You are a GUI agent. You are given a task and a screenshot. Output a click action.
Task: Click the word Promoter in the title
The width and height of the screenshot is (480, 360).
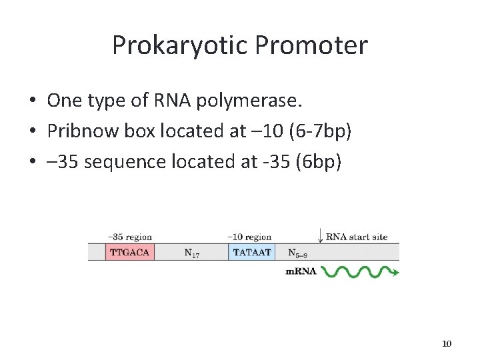[x=311, y=45]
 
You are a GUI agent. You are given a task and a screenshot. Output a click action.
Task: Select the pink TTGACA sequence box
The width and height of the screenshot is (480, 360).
[x=129, y=253]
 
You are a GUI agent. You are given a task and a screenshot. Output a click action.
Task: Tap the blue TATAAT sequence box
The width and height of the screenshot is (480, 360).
[x=252, y=253]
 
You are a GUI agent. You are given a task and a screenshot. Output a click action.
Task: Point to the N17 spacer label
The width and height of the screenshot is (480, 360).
[x=191, y=253]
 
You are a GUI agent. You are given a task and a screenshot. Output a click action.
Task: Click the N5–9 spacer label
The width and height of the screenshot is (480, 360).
[x=297, y=253]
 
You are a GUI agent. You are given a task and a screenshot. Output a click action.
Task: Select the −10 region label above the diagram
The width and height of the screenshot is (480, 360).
[x=249, y=237]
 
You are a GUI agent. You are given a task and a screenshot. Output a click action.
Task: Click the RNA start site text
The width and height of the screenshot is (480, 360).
[x=357, y=237]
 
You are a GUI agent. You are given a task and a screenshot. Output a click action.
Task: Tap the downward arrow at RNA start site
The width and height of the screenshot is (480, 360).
[x=320, y=236]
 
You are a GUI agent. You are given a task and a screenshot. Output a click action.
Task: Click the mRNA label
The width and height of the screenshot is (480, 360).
[x=301, y=271]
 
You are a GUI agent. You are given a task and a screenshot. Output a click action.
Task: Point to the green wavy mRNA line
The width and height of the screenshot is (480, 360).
[x=357, y=271]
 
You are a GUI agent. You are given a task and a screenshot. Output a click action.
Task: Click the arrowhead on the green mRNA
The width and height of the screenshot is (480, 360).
[x=396, y=272]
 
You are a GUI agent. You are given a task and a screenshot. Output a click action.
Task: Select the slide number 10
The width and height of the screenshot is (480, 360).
[x=447, y=343]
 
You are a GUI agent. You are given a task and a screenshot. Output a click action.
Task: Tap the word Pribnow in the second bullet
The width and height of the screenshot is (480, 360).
[x=84, y=131]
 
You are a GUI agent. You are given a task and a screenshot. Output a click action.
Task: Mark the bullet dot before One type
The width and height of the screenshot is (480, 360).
[x=32, y=101]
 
